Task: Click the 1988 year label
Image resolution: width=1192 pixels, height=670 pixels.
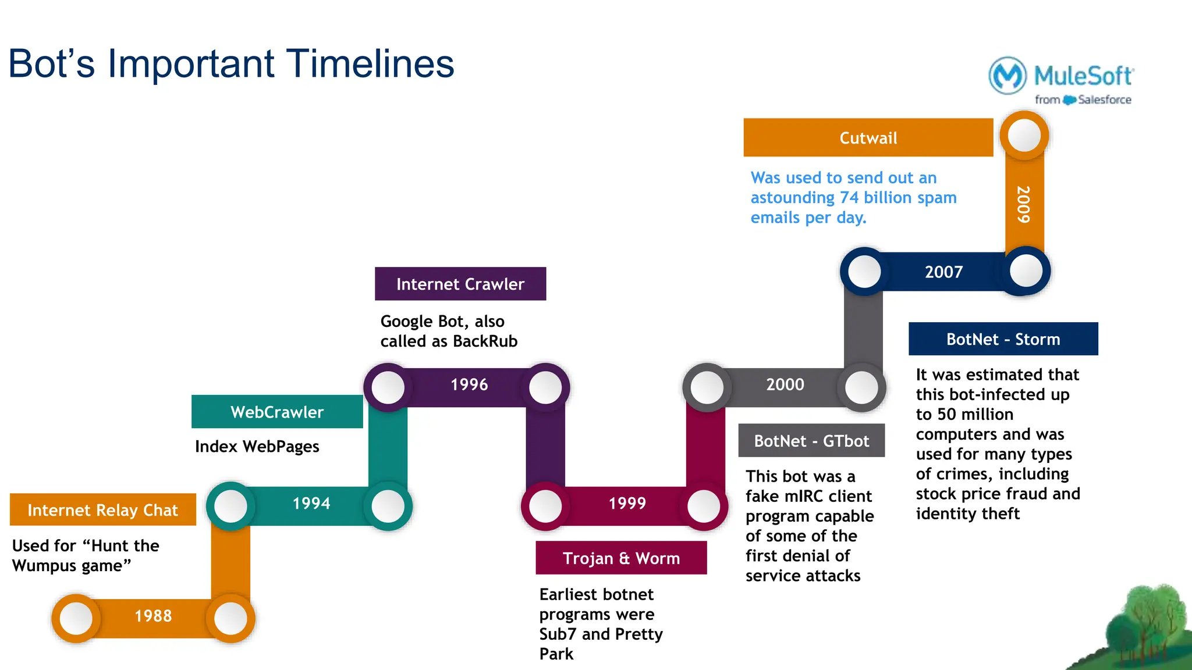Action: click(153, 616)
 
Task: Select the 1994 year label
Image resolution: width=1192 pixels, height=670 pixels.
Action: click(311, 503)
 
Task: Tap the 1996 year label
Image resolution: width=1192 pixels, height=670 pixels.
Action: click(469, 384)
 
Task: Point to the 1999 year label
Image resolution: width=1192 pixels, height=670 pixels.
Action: click(627, 503)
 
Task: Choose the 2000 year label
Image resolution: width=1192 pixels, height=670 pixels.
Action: click(785, 384)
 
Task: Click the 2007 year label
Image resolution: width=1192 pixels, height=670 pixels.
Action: click(943, 272)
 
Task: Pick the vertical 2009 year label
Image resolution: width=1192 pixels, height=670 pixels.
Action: click(1024, 204)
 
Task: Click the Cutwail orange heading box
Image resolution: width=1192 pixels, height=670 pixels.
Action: click(868, 138)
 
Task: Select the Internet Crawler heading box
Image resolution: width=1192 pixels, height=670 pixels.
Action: click(460, 284)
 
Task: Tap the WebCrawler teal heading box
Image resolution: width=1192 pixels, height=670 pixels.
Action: click(277, 412)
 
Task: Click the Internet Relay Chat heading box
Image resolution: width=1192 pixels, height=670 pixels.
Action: click(102, 510)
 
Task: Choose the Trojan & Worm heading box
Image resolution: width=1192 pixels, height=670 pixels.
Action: click(621, 558)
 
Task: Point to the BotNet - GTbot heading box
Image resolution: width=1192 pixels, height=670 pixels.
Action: click(811, 441)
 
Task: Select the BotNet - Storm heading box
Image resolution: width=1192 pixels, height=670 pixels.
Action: click(1003, 339)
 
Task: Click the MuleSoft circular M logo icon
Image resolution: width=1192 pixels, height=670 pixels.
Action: click(1007, 76)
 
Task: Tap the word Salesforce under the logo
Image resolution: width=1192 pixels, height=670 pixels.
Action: click(1104, 100)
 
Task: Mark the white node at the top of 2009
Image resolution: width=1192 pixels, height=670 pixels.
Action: click(1024, 136)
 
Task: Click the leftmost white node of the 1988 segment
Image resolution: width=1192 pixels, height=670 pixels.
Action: click(76, 618)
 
